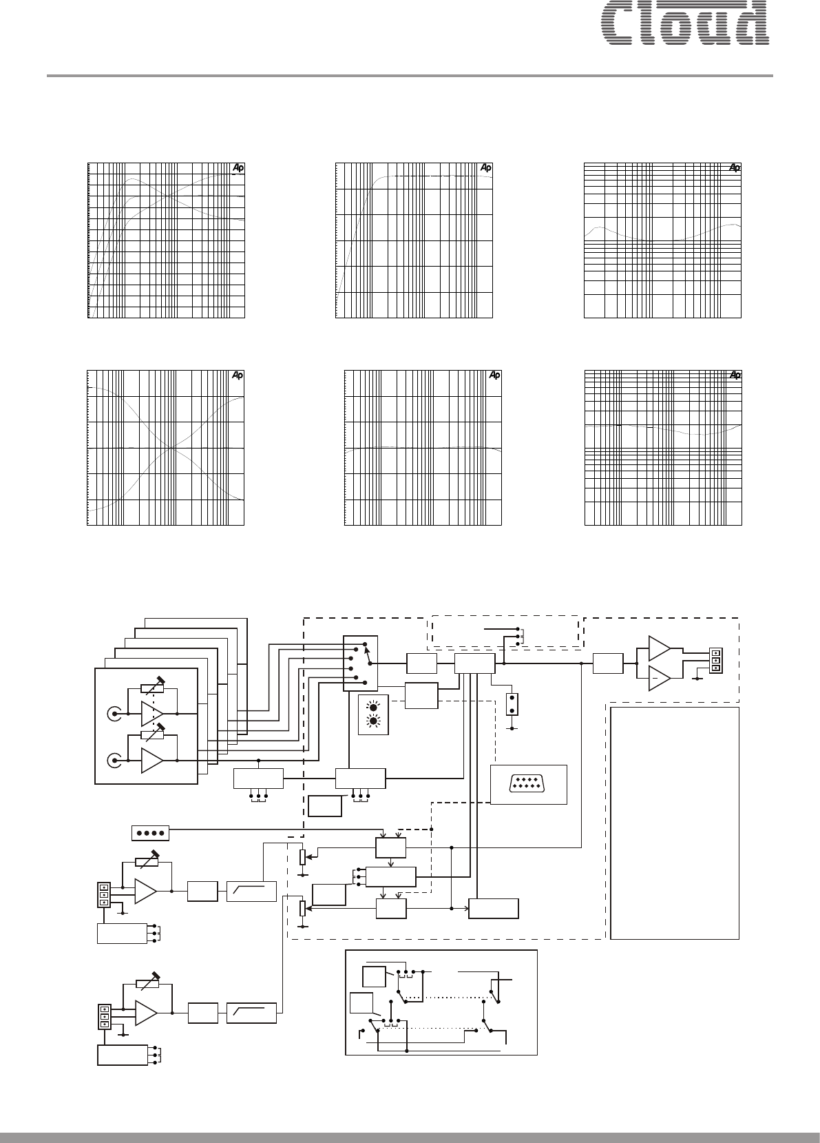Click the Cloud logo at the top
point(684,23)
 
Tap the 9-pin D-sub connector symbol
point(528,783)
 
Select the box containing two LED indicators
point(373,715)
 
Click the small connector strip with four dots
point(149,832)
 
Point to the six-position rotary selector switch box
point(360,663)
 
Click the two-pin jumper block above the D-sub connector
point(512,703)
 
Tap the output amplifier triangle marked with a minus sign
point(659,677)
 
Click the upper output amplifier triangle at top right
point(659,648)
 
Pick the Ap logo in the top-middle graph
point(486,167)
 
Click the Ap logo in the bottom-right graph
point(735,375)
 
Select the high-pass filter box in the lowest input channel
point(251,1013)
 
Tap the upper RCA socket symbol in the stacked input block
point(113,713)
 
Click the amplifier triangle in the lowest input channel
point(146,1013)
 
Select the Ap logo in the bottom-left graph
point(237,375)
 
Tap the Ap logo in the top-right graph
point(735,167)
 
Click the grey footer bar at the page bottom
point(410,1137)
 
